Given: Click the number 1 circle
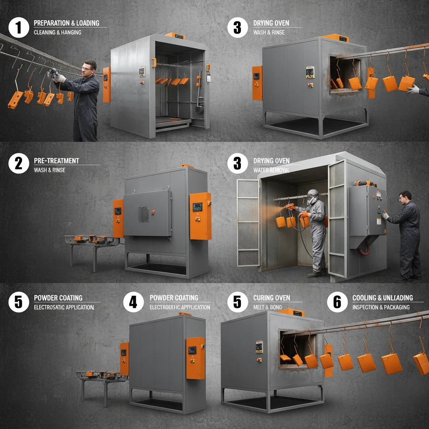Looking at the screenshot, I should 18,28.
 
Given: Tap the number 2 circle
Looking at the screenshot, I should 18,163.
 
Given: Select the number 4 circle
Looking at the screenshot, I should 133,301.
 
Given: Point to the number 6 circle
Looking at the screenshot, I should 337,302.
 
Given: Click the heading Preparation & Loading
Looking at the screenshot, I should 67,23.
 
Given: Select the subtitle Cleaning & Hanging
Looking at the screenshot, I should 57,32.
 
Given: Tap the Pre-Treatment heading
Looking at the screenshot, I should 56,161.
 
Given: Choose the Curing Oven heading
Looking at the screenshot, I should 271,298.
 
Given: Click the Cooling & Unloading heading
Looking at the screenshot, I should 382,298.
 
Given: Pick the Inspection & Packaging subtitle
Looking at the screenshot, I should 381,307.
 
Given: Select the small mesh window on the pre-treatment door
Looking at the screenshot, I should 143,214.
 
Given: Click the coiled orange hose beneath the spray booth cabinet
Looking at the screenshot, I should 363,251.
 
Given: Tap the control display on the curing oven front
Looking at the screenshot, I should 259,346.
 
